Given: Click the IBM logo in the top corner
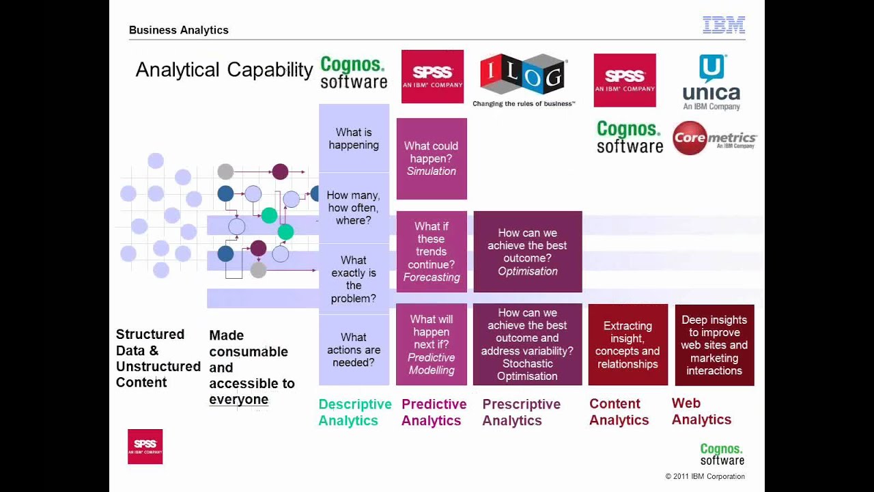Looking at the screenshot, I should pos(724,25).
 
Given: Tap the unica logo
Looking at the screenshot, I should pos(711,82).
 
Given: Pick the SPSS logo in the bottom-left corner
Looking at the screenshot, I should pos(145,447).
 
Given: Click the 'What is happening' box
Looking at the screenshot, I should pos(354,139).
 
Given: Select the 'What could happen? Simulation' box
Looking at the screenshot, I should pos(432,159).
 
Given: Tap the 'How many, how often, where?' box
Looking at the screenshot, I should pos(354,208).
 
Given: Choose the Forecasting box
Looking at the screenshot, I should pos(432,251).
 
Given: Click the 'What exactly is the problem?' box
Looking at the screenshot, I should pos(354,279).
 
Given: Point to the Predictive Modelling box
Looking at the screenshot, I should pos(432,344).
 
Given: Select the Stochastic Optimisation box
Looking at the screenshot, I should pos(527,344).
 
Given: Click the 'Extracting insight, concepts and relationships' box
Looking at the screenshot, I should pos(628,345).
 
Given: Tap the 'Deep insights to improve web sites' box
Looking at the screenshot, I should pos(714,345).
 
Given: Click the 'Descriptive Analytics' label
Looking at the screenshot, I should pos(354,412).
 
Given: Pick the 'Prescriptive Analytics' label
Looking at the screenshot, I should pos(521,412).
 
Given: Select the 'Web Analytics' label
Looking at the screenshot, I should pos(701,411).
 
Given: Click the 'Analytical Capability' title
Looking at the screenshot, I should pos(224,70).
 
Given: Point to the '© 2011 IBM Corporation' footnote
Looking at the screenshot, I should pos(705,476).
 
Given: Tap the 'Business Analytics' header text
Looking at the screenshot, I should pos(179,30).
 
